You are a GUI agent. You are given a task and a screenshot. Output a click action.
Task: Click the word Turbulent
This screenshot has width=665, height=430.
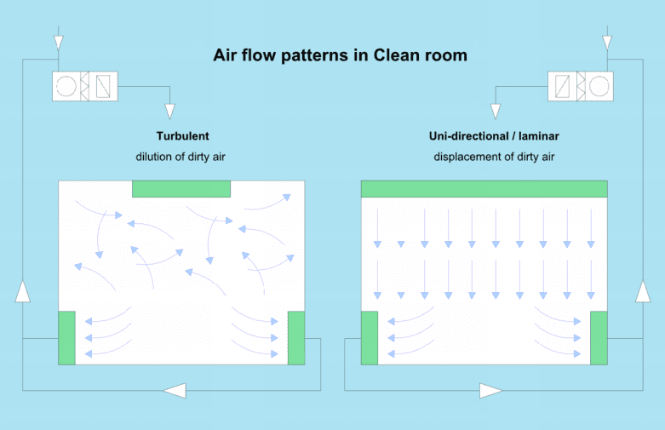[182, 136]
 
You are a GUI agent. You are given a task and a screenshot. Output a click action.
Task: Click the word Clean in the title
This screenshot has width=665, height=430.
[398, 55]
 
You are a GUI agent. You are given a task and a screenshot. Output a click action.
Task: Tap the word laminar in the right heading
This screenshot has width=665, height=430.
[539, 136]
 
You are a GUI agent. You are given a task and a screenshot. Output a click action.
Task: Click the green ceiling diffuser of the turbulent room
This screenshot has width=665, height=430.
[181, 189]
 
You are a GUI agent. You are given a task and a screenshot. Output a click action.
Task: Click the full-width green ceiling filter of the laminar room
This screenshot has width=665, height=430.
[484, 189]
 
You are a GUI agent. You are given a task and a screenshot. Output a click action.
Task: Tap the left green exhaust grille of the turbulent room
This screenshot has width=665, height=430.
[66, 338]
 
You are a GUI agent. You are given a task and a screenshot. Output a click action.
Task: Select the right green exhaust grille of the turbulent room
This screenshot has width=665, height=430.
[296, 338]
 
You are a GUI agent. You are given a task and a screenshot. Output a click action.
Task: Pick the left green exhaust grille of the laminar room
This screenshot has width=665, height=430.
[370, 338]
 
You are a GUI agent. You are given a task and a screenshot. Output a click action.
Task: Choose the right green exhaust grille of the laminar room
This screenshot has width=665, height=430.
[599, 338]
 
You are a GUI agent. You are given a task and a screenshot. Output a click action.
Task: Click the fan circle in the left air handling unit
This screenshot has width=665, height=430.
[66, 86]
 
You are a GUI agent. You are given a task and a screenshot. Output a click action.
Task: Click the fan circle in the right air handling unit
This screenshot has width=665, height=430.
[599, 86]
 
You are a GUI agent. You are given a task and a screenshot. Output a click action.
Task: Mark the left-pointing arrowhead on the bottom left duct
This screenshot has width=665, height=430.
[175, 391]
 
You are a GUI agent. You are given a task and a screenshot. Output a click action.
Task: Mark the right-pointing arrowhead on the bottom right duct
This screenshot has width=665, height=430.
[490, 391]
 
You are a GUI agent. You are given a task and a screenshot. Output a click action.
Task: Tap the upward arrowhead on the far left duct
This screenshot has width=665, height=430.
[22, 291]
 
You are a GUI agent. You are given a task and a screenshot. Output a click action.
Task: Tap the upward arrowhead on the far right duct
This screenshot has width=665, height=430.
[643, 291]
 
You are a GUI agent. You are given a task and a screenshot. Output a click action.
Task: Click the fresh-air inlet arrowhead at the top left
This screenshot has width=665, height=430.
[59, 43]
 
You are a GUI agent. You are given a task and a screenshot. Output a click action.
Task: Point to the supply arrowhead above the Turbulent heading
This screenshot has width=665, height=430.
[169, 111]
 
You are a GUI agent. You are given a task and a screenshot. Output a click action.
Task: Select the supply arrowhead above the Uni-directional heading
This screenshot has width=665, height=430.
[496, 111]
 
